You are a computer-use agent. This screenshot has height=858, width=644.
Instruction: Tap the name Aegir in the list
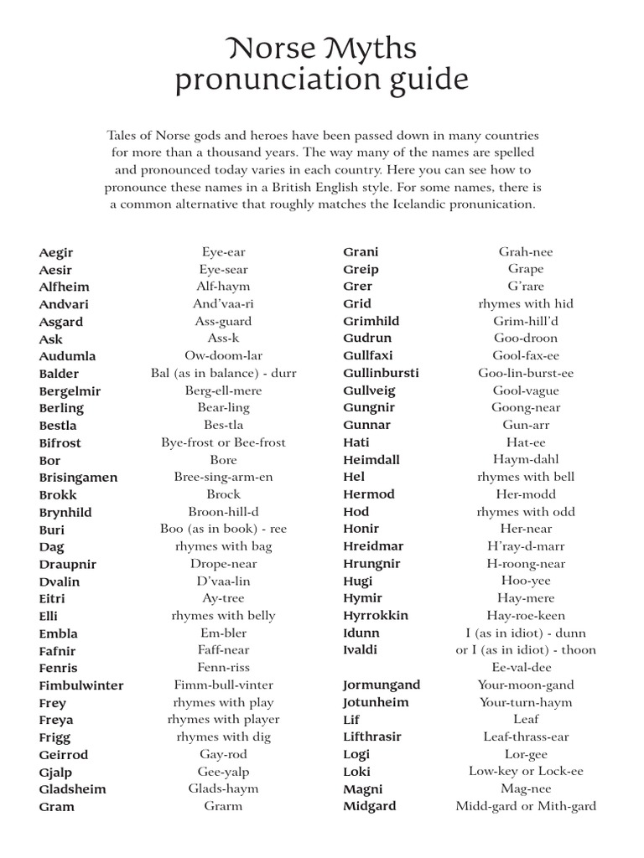click(x=56, y=252)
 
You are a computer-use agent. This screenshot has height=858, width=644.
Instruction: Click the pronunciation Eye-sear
click(x=224, y=269)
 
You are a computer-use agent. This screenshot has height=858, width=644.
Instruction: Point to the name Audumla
click(x=67, y=356)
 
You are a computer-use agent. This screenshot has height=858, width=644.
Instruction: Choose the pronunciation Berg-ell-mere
click(x=224, y=390)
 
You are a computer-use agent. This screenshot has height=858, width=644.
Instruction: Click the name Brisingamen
click(x=78, y=478)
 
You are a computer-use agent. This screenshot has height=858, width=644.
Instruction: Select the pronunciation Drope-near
click(x=224, y=563)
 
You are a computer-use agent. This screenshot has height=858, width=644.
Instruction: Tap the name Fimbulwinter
click(x=80, y=685)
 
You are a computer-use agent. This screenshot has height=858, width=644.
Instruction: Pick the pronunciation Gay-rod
click(x=224, y=754)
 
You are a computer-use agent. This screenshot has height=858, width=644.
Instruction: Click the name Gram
click(x=56, y=807)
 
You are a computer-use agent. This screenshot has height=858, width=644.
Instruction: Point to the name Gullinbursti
click(x=381, y=373)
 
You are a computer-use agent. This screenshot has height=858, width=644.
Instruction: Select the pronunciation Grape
click(x=526, y=269)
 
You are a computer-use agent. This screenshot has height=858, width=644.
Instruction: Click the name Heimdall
click(x=371, y=459)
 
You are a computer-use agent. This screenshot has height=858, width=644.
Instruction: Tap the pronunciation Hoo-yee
click(x=526, y=581)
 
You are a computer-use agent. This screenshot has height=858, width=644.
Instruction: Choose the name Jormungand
click(x=382, y=685)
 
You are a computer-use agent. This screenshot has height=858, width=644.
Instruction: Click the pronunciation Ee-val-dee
click(x=526, y=667)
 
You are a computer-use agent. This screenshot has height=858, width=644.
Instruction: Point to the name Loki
click(x=356, y=772)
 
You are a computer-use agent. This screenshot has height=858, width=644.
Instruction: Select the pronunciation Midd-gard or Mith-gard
click(x=526, y=806)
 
